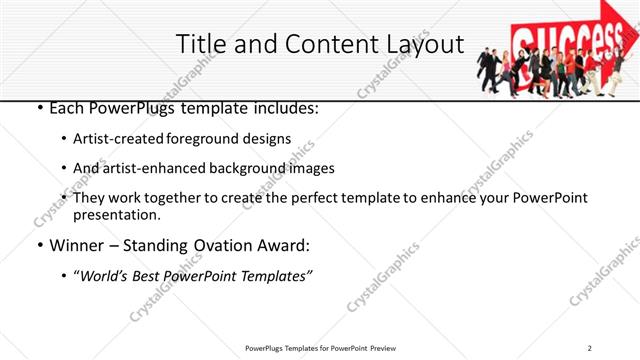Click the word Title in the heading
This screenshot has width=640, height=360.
(x=200, y=45)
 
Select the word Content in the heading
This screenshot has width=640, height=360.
(x=317, y=45)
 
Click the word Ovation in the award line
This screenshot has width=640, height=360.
(x=214, y=243)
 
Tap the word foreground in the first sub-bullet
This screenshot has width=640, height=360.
(x=210, y=139)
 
